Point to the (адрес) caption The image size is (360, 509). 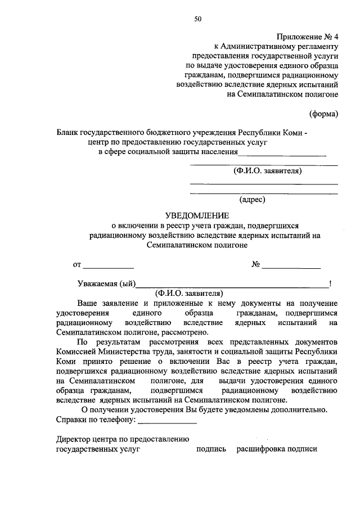(x=252, y=199)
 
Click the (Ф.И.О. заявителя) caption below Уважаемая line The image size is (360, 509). (x=189, y=292)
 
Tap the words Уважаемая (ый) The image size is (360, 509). (x=106, y=283)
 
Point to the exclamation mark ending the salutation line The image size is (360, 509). (x=331, y=283)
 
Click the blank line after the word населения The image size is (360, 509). (x=282, y=154)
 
